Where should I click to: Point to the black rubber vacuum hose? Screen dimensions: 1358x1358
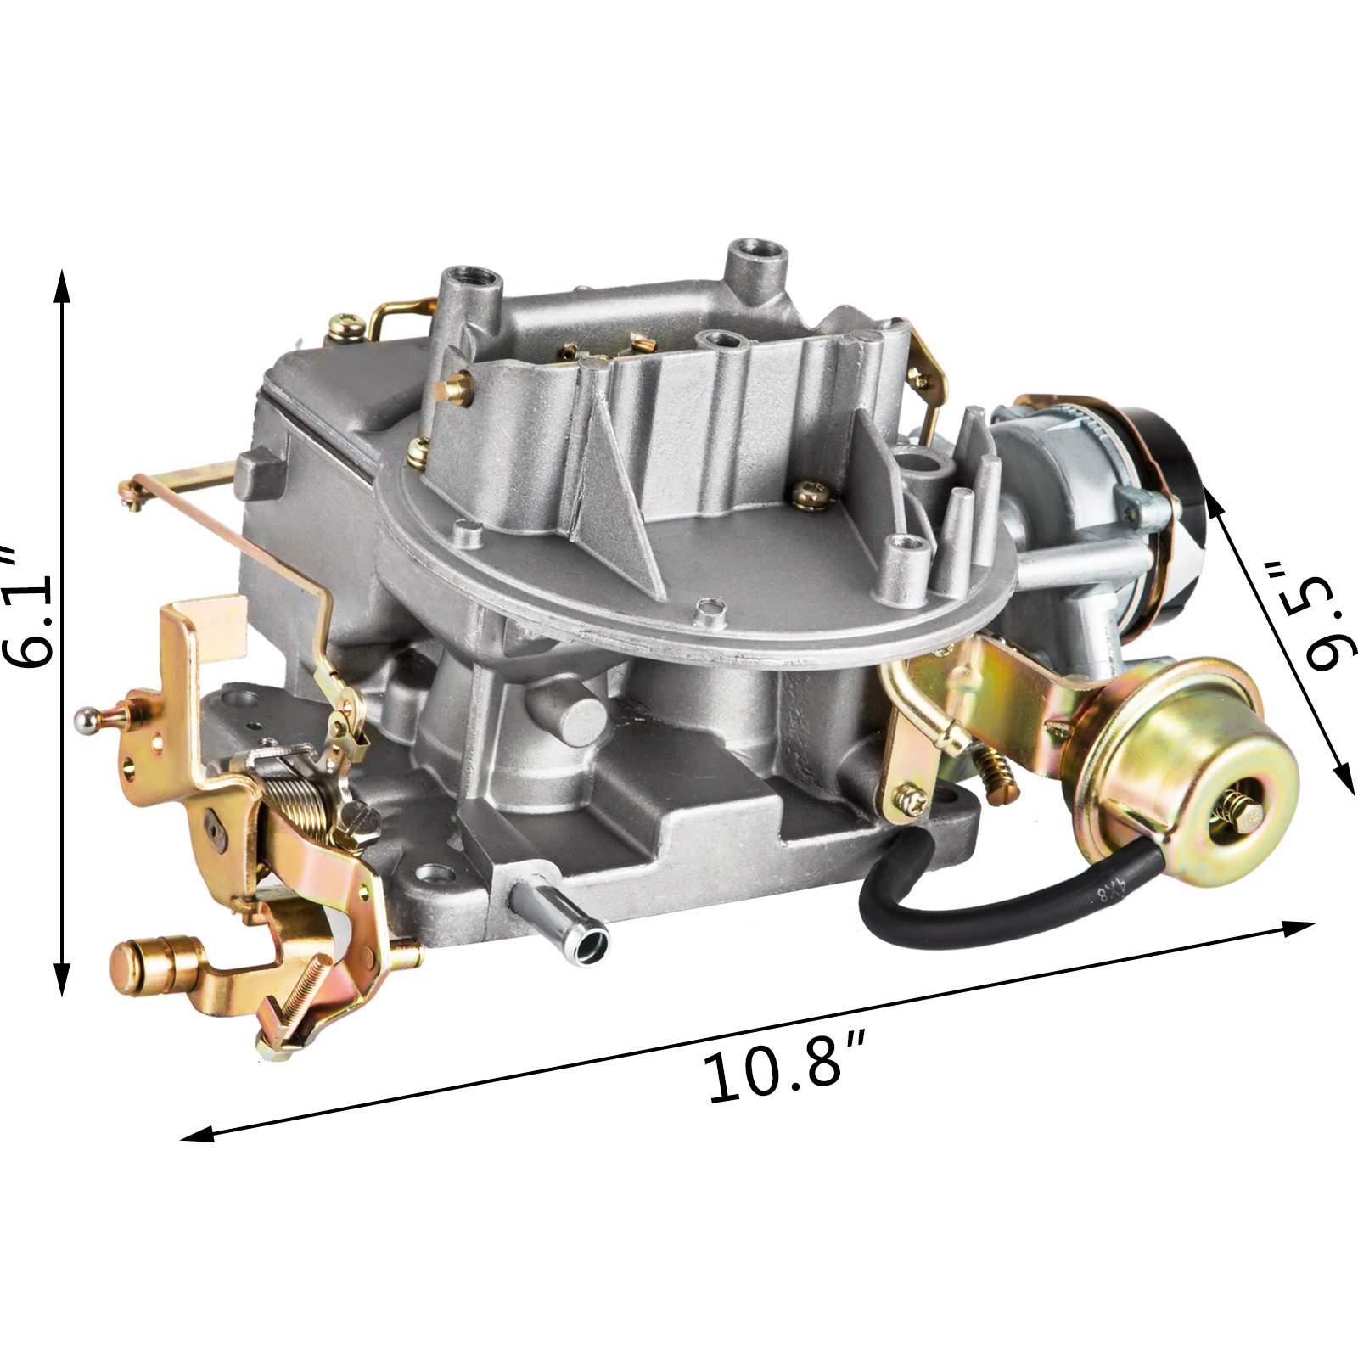pyautogui.click(x=1002, y=891)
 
